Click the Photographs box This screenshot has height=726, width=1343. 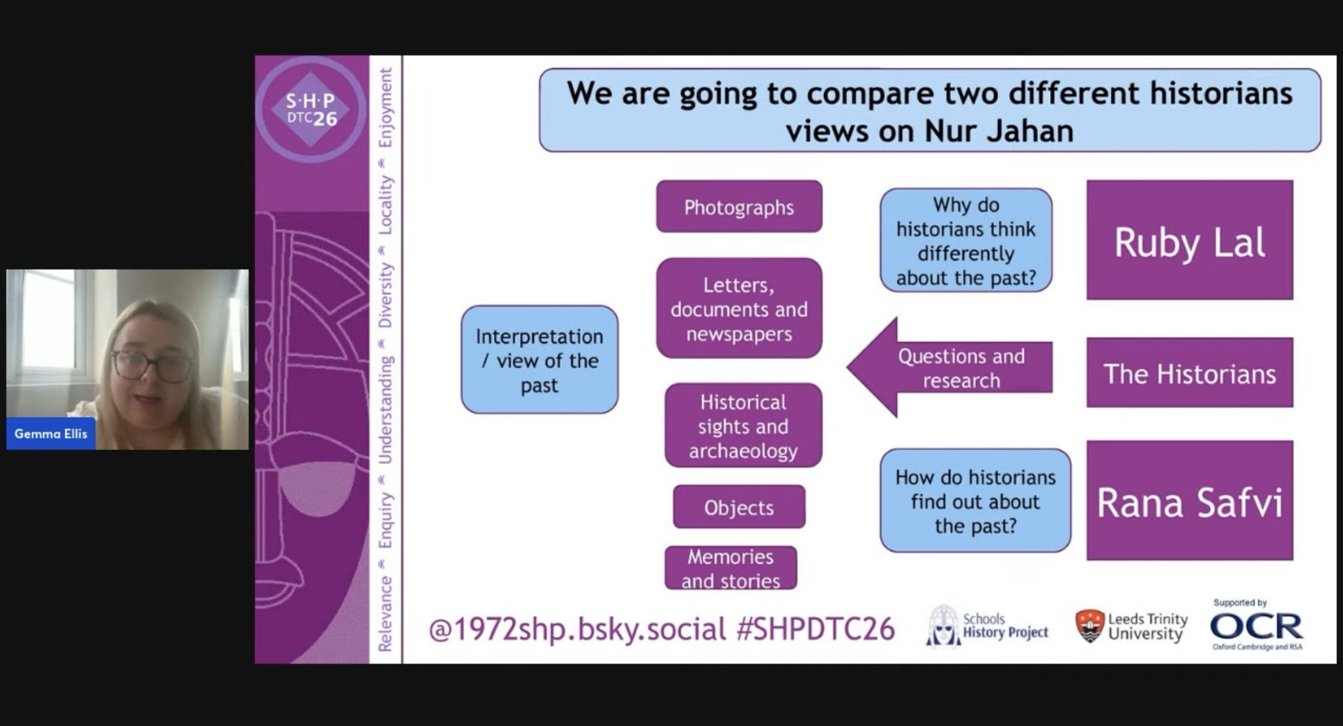coord(739,206)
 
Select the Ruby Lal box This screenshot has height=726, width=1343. coord(1190,240)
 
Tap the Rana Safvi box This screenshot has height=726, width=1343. coord(1190,500)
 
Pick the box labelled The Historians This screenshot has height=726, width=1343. coord(1190,373)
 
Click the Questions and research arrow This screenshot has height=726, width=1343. coord(950,367)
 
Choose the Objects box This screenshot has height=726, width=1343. coord(739,507)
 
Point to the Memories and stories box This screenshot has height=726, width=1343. coord(731,568)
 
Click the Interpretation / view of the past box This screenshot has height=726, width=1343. coord(539,359)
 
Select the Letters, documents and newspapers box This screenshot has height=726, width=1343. coord(739,308)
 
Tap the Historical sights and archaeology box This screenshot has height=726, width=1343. coord(743,425)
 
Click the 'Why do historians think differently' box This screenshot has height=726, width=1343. coord(966,240)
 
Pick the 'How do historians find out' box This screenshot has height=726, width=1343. coord(975,500)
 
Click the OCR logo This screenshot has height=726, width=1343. coord(1256,626)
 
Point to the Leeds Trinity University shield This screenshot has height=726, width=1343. coord(1090,626)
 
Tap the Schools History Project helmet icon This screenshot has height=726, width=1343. coord(943,626)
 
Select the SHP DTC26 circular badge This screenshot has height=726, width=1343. coord(311,109)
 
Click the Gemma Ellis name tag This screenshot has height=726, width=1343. coord(51,434)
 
